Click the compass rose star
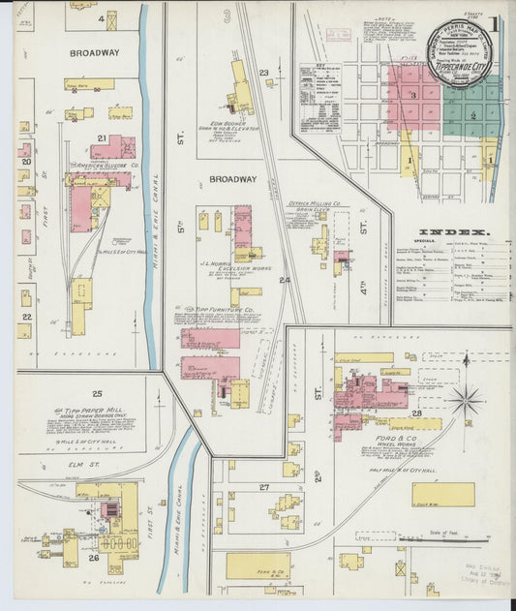pos(466,398)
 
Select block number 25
pos(97,393)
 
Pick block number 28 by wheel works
pos(416,413)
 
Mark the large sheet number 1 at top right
pos(494,22)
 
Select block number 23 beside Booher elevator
pos(263,73)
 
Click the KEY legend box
pos(320,97)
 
